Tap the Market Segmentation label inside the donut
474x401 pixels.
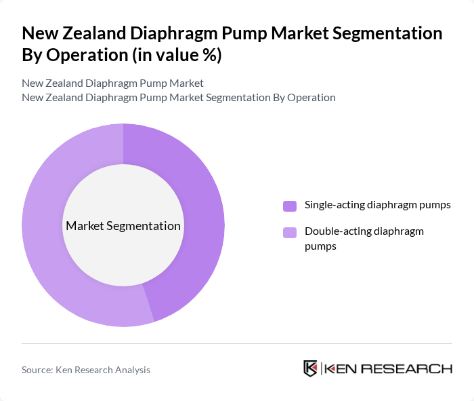pyautogui.click(x=123, y=226)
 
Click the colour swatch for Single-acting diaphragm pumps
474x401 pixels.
pyautogui.click(x=290, y=206)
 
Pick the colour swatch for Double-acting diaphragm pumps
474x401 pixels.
pyautogui.click(x=290, y=233)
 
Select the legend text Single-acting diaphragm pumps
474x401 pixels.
pyautogui.click(x=377, y=205)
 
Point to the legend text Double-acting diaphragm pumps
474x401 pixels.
pyautogui.click(x=364, y=239)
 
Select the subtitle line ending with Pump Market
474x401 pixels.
pyautogui.click(x=112, y=83)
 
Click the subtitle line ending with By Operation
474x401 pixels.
pyautogui.click(x=178, y=97)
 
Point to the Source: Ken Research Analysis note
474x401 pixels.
pyautogui.click(x=86, y=370)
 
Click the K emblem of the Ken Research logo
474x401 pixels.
pyautogui.click(x=310, y=368)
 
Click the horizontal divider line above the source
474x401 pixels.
pyautogui.click(x=237, y=343)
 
